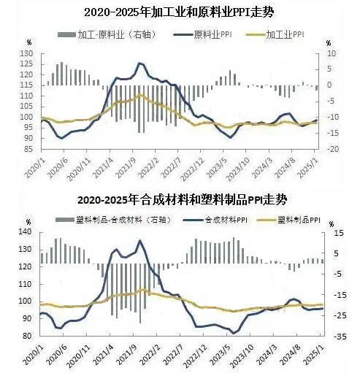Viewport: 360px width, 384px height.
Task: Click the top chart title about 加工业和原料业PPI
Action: (x=179, y=12)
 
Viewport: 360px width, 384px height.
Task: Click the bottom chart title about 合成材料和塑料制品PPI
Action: (x=183, y=200)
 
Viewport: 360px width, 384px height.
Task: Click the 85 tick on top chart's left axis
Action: (x=28, y=149)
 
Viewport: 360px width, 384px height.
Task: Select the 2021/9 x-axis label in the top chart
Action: (x=126, y=168)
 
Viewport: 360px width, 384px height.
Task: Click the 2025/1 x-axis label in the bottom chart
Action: (x=313, y=354)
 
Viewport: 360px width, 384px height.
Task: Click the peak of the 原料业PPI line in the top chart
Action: (x=139, y=64)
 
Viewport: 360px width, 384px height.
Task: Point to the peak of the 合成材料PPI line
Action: (x=140, y=240)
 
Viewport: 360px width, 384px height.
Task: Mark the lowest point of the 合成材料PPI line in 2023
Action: (x=234, y=333)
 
